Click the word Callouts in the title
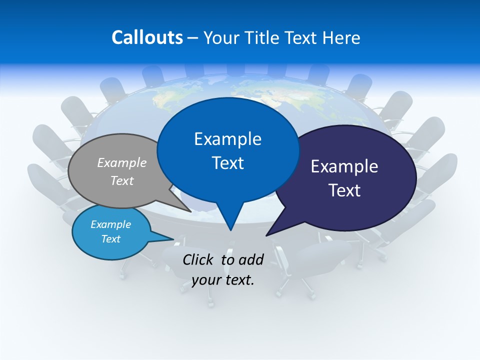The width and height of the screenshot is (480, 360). click(x=147, y=38)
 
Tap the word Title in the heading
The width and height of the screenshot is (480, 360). click(x=262, y=38)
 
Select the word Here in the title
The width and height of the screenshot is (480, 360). click(x=342, y=38)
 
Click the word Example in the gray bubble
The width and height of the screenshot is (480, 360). click(x=122, y=162)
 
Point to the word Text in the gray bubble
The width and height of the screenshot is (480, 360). click(x=122, y=180)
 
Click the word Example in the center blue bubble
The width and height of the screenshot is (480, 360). click(x=227, y=139)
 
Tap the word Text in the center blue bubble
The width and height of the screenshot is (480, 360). click(x=227, y=163)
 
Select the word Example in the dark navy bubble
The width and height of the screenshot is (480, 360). click(x=344, y=166)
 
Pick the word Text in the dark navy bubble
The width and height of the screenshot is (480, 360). click(x=344, y=190)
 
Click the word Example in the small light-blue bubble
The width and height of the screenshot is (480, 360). click(x=111, y=224)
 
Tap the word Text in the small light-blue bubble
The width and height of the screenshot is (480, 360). click(x=111, y=239)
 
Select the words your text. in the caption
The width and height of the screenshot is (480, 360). click(x=223, y=280)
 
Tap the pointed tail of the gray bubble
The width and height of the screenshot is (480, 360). click(x=187, y=209)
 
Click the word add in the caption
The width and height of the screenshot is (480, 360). click(x=250, y=259)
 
